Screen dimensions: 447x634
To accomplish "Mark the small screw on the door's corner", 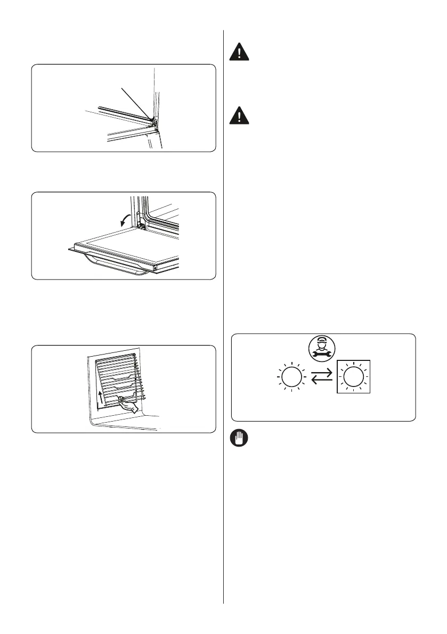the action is pos(155,268).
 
